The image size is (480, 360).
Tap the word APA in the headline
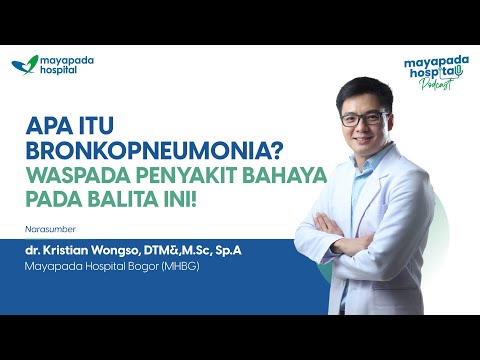click(x=47, y=127)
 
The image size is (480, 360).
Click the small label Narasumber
click(x=47, y=226)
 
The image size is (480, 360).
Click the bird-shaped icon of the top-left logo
click(x=25, y=66)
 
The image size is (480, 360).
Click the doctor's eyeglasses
click(x=363, y=118)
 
